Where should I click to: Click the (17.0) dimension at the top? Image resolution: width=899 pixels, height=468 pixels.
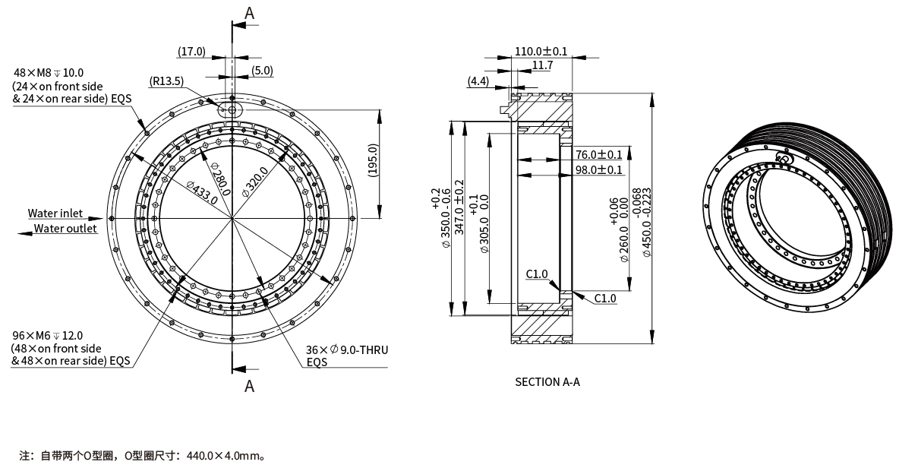click(191, 52)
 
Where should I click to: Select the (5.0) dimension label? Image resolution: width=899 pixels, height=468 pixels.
click(263, 71)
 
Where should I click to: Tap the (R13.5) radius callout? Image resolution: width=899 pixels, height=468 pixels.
click(166, 82)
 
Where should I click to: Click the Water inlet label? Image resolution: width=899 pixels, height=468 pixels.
click(55, 213)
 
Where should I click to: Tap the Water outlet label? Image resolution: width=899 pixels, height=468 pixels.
click(65, 229)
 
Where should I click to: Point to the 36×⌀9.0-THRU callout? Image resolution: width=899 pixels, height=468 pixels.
click(347, 350)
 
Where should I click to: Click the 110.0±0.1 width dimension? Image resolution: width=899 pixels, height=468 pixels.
click(541, 51)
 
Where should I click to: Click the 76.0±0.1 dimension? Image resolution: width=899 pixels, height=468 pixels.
click(598, 155)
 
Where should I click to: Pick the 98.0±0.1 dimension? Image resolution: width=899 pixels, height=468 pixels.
click(598, 169)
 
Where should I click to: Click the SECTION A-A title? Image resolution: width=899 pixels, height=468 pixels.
click(547, 381)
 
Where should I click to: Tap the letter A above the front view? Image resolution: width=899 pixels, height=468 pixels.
click(249, 12)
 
